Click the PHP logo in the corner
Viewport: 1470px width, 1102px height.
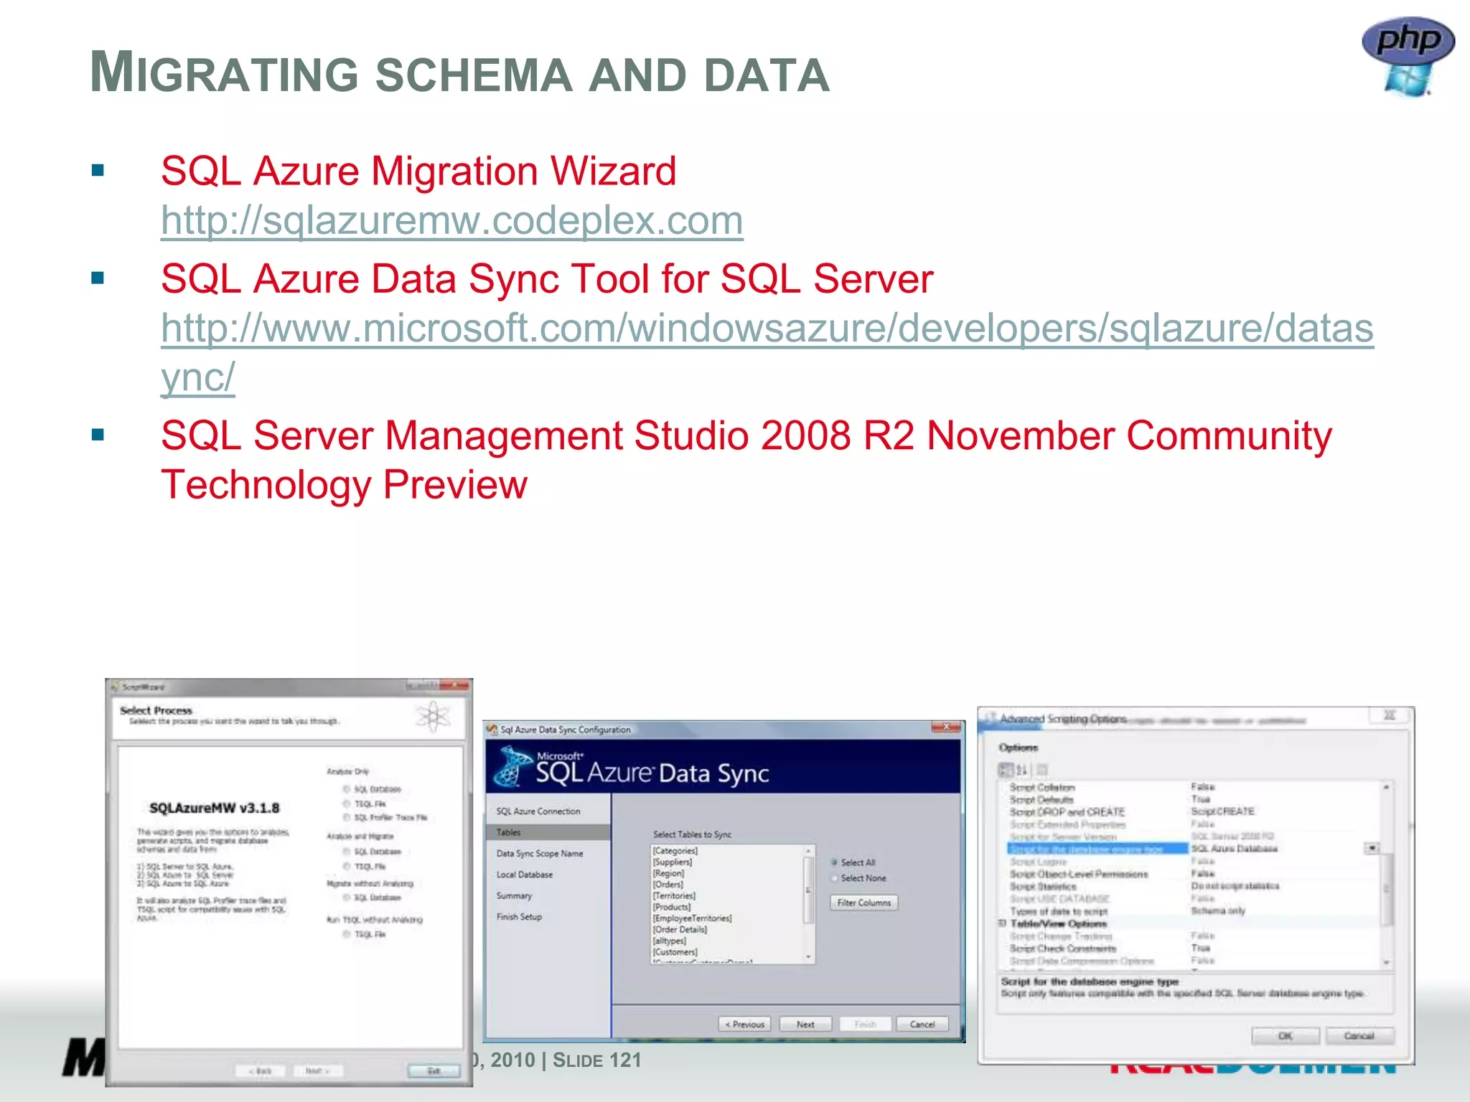click(x=1408, y=54)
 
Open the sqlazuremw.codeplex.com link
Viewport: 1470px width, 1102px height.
click(x=451, y=220)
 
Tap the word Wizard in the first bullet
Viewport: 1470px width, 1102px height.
click(x=613, y=171)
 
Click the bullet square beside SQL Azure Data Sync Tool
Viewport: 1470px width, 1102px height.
click(x=98, y=278)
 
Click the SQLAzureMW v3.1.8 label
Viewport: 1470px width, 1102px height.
click(x=214, y=808)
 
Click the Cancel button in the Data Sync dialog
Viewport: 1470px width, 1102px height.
click(x=922, y=1024)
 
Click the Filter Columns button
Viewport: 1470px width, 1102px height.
click(x=863, y=903)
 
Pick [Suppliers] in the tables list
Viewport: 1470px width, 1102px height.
click(x=673, y=862)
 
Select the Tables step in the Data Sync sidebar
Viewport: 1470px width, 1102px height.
click(x=509, y=832)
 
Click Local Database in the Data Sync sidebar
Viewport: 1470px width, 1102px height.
click(x=525, y=875)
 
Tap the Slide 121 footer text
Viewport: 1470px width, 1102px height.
click(x=596, y=1060)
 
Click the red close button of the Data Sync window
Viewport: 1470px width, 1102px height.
click(x=945, y=727)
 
